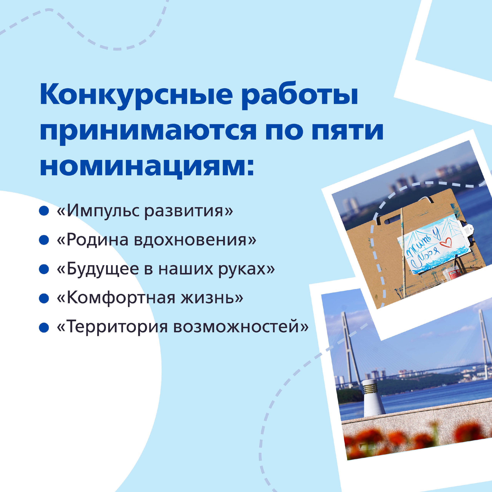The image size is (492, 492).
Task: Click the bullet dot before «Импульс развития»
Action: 44,211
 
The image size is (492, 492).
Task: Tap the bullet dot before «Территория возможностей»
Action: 44,327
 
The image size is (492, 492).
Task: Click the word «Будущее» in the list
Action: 103,269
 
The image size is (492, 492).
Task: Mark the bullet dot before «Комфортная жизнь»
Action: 44,298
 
